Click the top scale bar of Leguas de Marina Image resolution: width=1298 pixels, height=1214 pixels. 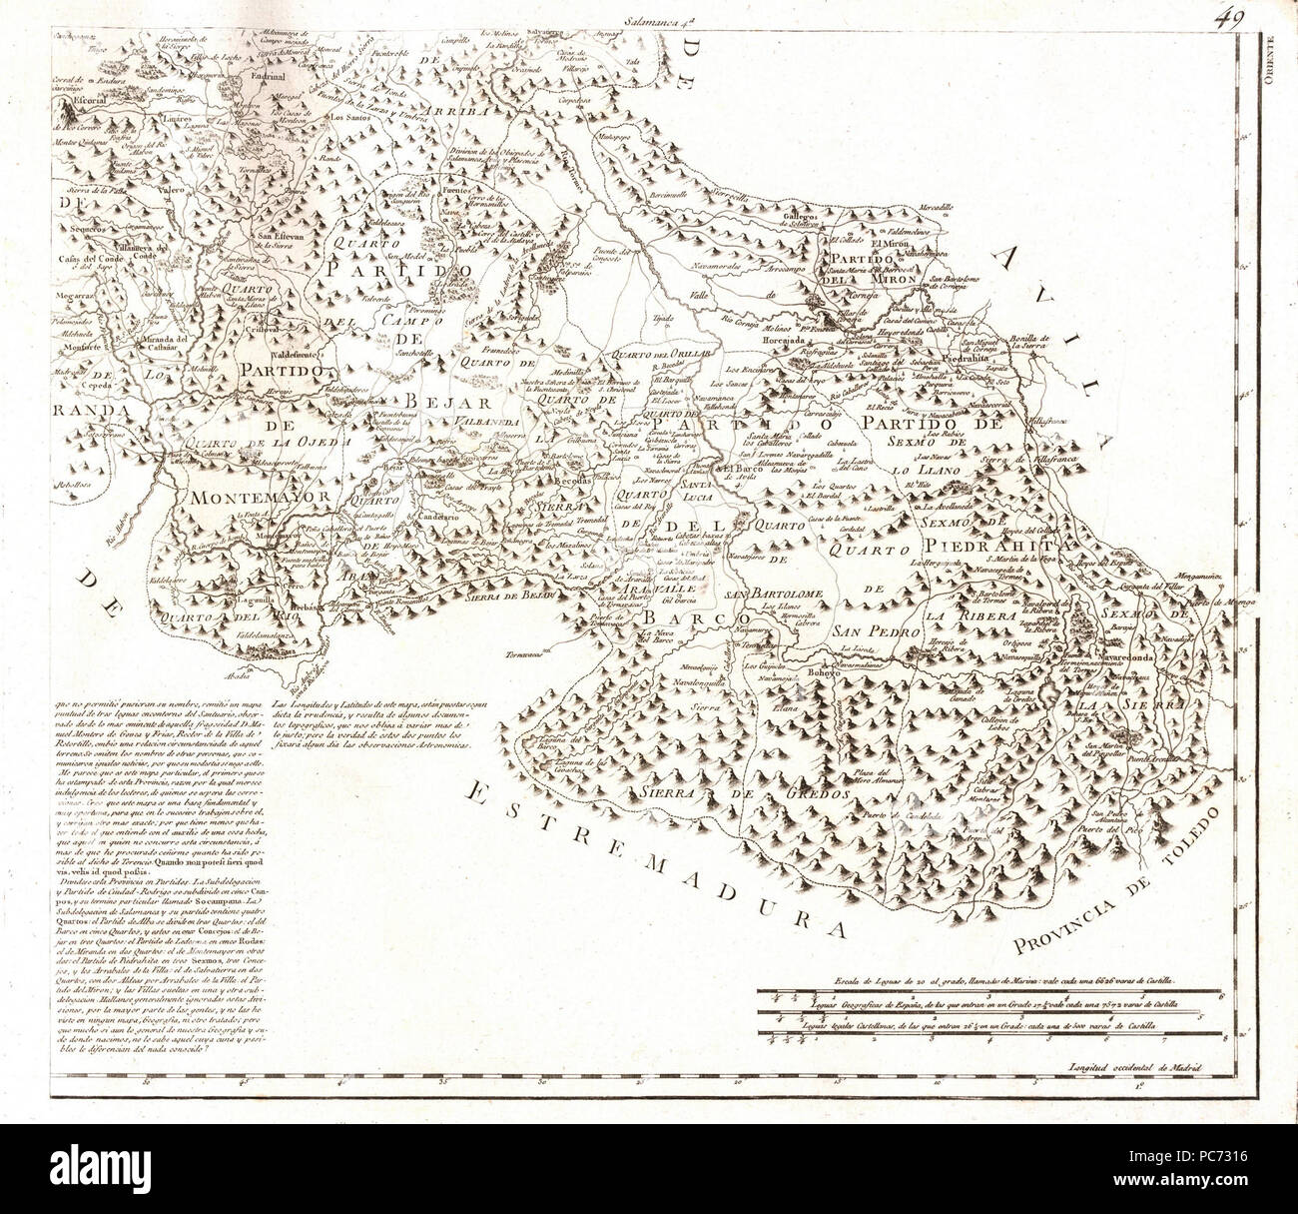coord(988,993)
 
